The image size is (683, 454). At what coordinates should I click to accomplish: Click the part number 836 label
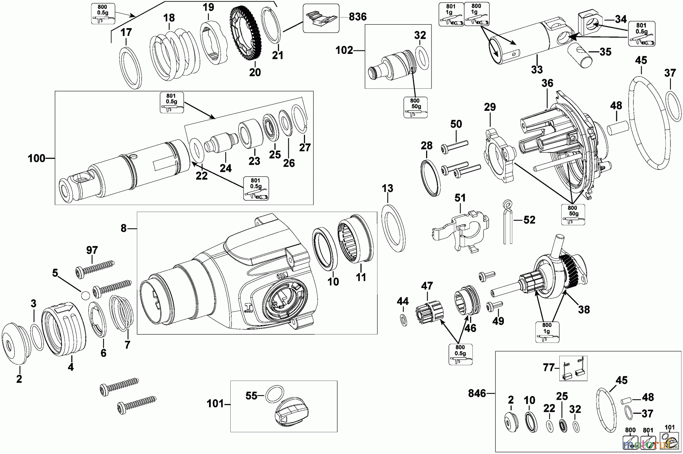coord(357,17)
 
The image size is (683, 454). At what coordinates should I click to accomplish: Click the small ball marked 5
coord(85,295)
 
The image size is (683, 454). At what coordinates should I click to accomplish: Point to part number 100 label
coord(36,158)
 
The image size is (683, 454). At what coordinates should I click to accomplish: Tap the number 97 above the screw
coord(92,250)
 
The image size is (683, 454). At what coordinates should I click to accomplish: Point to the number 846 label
coord(477,394)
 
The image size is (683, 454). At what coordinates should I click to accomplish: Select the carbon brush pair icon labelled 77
coord(573,368)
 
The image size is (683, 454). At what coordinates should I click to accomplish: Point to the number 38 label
coord(584,309)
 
